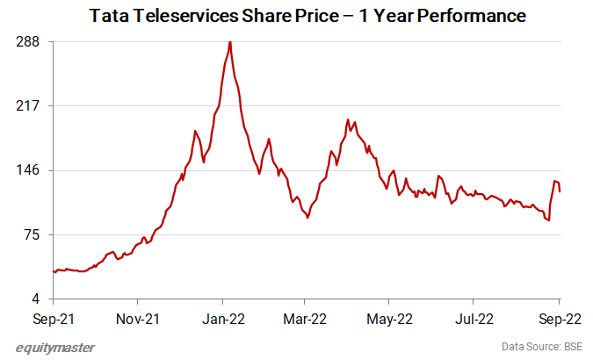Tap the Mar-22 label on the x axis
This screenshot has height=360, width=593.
[307, 318]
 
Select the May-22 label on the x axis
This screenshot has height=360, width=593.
[391, 318]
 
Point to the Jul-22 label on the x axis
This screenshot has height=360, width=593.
[475, 318]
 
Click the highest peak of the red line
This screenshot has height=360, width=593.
[230, 42]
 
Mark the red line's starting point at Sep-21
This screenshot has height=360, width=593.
[54, 271]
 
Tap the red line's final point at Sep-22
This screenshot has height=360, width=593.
[560, 191]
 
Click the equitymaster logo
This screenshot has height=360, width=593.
[55, 348]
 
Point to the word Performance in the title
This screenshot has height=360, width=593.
[470, 15]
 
